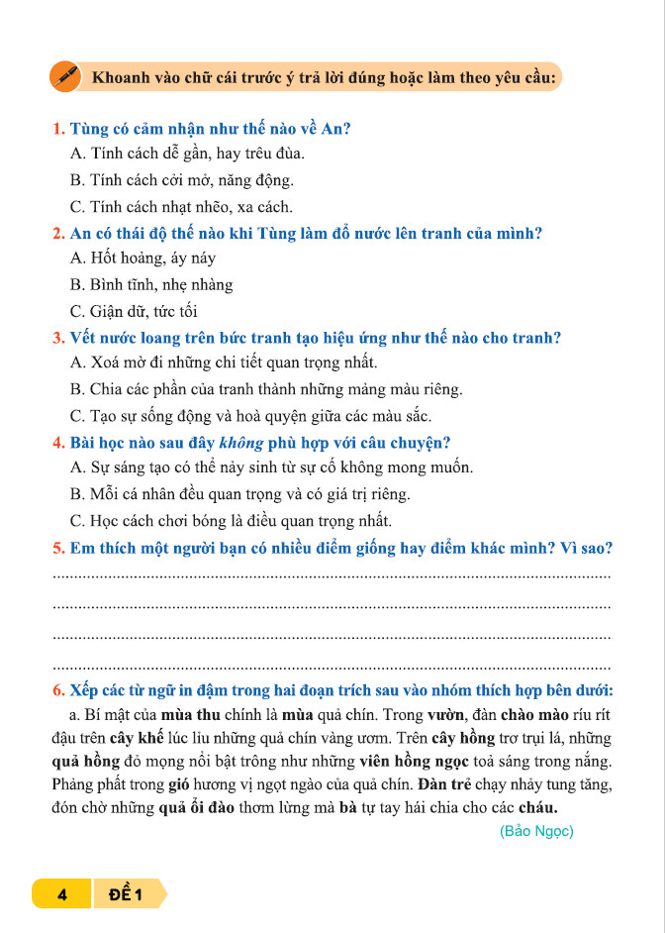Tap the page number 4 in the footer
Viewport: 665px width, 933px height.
pyautogui.click(x=61, y=895)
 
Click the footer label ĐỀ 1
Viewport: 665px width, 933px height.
pyautogui.click(x=126, y=895)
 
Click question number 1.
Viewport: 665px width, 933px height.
pyautogui.click(x=58, y=128)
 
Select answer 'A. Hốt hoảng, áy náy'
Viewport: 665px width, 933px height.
pyautogui.click(x=142, y=259)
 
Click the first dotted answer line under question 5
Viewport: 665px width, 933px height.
pyautogui.click(x=332, y=575)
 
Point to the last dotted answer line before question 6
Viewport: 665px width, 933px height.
pyautogui.click(x=332, y=665)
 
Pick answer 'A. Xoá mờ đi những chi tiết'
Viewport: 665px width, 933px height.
pyautogui.click(x=224, y=363)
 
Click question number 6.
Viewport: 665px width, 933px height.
pyautogui.click(x=58, y=690)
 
